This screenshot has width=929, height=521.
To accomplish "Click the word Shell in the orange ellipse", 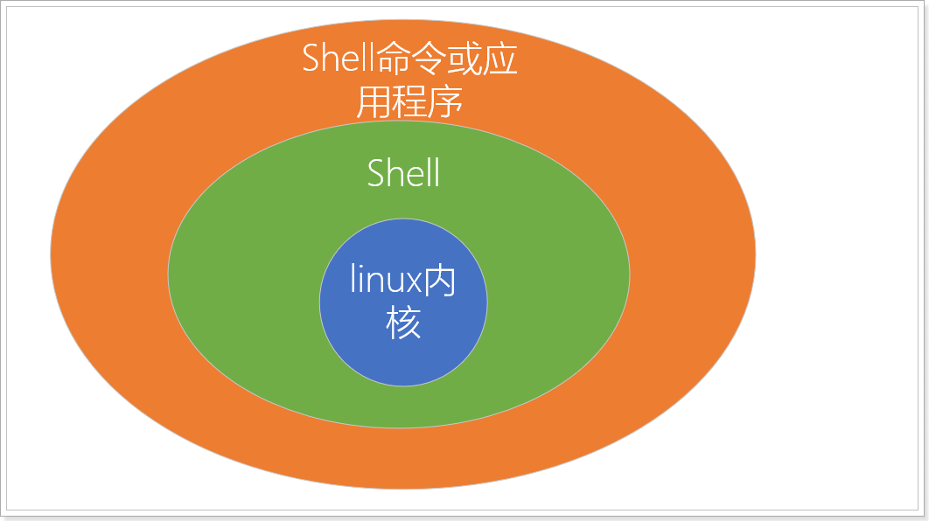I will (337, 59).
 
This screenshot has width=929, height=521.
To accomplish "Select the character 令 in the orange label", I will (433, 59).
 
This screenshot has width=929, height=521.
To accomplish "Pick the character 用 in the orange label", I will (372, 102).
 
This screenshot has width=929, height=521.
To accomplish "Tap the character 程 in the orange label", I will (409, 102).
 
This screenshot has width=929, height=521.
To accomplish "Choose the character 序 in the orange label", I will (446, 102).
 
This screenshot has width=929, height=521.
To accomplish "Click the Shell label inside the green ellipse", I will (403, 173).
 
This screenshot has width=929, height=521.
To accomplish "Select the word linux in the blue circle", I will (386, 281).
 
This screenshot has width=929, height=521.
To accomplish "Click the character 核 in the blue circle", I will (403, 323).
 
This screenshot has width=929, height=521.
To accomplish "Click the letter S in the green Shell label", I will (376, 173).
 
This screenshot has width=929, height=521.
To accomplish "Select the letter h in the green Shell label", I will (395, 173).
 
